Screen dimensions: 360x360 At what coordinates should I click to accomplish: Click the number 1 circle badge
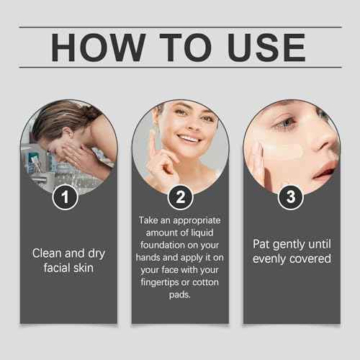tap(67, 197)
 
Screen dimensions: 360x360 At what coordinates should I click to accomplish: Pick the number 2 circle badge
tap(179, 197)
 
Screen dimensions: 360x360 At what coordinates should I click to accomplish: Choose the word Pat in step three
tap(261, 244)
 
